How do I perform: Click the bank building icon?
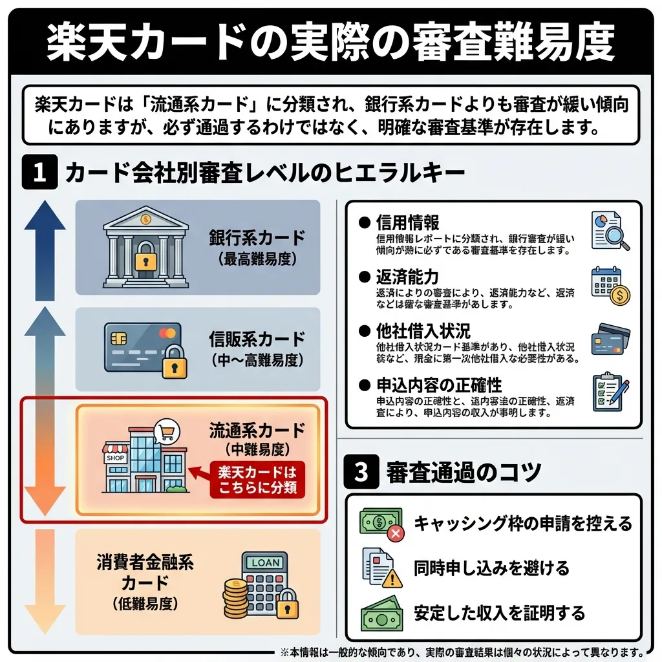[x=145, y=247]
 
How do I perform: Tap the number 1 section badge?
[x=40, y=173]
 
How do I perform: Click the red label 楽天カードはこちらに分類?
[x=257, y=480]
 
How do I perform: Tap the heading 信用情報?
[x=407, y=223]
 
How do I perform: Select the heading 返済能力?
[x=407, y=277]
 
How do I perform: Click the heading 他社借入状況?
[x=423, y=332]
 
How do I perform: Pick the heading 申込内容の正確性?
[x=439, y=385]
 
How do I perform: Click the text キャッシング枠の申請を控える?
[x=522, y=523]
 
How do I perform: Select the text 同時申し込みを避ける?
[x=491, y=568]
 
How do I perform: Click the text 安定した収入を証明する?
[x=499, y=612]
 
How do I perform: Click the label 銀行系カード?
[x=257, y=237]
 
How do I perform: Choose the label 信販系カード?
[x=257, y=339]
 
